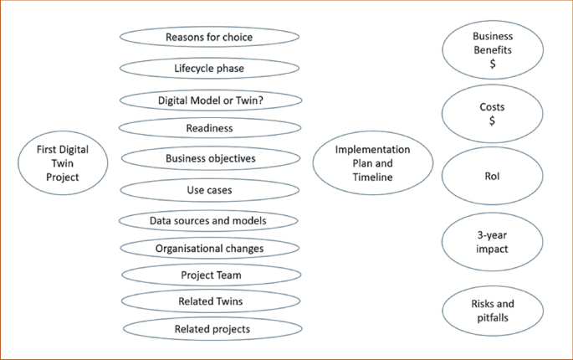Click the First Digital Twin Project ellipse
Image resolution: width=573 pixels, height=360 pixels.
pos(64,162)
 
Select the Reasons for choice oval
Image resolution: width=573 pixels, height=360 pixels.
pos(209,37)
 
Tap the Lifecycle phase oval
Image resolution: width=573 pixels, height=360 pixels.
pos(209,69)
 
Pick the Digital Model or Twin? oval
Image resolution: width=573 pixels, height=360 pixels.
pos(210,100)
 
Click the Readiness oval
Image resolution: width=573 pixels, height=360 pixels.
pos(209,128)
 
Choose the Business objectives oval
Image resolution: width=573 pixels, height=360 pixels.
pos(210,158)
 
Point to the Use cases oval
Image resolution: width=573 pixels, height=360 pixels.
pos(209,190)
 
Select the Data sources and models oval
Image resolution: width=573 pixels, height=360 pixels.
pos(209,221)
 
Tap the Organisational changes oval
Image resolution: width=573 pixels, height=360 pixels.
pos(209,249)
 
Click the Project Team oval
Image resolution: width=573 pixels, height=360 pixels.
pos(210,275)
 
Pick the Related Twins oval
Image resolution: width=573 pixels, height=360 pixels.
pos(210,301)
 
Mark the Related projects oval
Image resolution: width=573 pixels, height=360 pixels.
pos(212,329)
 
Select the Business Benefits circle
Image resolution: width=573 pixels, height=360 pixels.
pos(493,49)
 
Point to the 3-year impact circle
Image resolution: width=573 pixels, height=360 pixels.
pos(492,242)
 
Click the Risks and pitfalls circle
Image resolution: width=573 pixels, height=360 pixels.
pos(493,311)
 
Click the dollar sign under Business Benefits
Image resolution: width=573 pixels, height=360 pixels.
pos(493,64)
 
